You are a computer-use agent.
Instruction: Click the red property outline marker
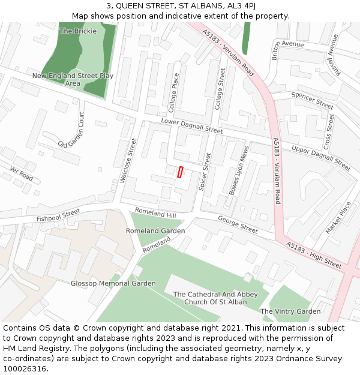pyautogui.click(x=180, y=172)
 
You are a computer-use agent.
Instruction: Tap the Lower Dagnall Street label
pyautogui.click(x=191, y=126)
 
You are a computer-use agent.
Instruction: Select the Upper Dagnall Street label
pyautogui.click(x=321, y=157)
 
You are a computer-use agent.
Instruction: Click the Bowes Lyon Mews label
pyautogui.click(x=238, y=170)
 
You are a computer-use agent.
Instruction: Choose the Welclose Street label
pyautogui.click(x=128, y=161)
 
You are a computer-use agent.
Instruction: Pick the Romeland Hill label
pyautogui.click(x=155, y=212)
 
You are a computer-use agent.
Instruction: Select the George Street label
pyautogui.click(x=238, y=224)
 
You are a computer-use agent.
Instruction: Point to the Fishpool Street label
pyautogui.click(x=58, y=215)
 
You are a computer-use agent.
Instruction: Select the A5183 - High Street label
pyautogui.click(x=314, y=255)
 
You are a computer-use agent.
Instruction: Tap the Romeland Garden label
pyautogui.click(x=155, y=231)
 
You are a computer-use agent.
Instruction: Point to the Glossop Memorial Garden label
pyautogui.click(x=113, y=283)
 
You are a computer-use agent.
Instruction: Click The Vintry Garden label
pyautogui.click(x=290, y=311)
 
